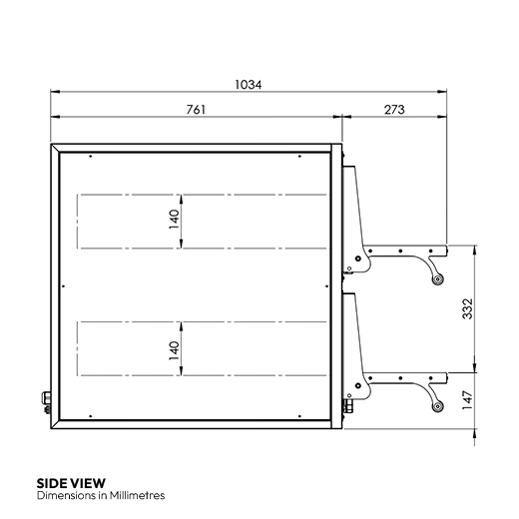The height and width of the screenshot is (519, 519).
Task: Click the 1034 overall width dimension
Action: pyautogui.click(x=249, y=86)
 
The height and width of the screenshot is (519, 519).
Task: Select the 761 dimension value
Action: pyautogui.click(x=196, y=110)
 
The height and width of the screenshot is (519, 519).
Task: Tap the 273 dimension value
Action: pyautogui.click(x=392, y=110)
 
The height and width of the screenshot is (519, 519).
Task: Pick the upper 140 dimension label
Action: pyautogui.click(x=174, y=219)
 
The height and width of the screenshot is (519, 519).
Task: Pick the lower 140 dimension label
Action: pyautogui.click(x=174, y=349)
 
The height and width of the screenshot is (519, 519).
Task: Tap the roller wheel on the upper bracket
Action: pyautogui.click(x=436, y=279)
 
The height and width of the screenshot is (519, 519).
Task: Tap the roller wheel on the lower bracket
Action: pyautogui.click(x=436, y=406)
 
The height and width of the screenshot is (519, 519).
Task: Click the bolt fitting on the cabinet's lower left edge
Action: pyautogui.click(x=45, y=402)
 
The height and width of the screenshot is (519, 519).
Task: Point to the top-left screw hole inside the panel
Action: pyautogui.click(x=90, y=157)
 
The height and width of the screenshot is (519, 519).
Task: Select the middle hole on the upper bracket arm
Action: pyautogui.click(x=399, y=250)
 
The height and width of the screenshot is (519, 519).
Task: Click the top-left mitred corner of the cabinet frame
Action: pyautogui.click(x=53, y=147)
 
